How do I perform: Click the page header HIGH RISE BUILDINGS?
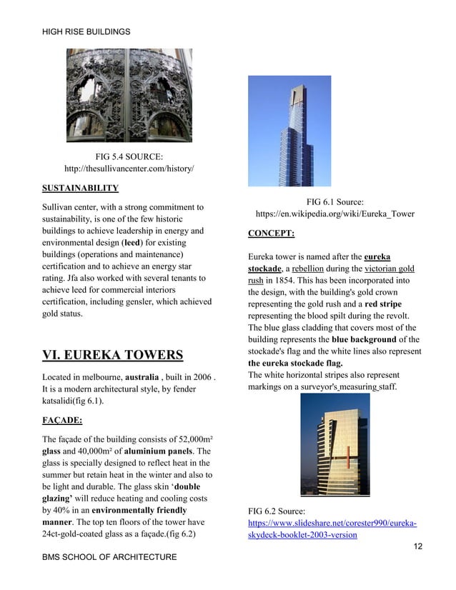click(86, 31)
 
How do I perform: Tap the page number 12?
click(418, 546)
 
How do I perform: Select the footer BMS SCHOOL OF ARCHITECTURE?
click(109, 556)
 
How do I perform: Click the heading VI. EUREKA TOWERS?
click(112, 355)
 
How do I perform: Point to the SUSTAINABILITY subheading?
click(80, 189)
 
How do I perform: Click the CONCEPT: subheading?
click(272, 233)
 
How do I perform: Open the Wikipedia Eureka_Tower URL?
click(334, 214)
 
